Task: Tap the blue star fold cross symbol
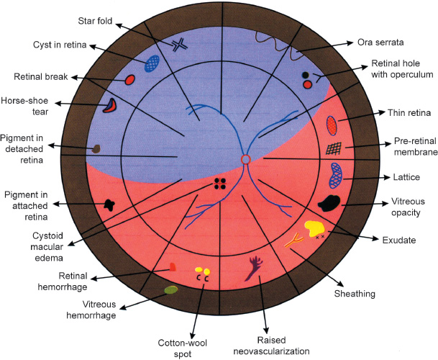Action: [x=179, y=45]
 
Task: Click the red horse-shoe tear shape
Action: [x=109, y=106]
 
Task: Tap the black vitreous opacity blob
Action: [x=331, y=203]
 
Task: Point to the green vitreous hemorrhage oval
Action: [x=171, y=289]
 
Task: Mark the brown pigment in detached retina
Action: [x=95, y=149]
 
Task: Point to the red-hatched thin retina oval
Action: [x=332, y=125]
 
